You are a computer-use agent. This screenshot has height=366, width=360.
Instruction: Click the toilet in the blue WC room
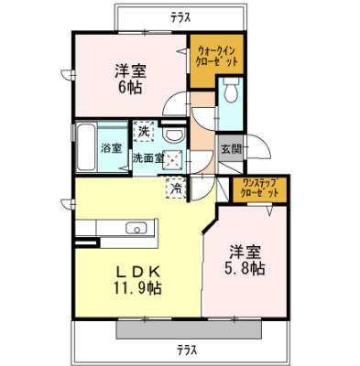coord(231,90)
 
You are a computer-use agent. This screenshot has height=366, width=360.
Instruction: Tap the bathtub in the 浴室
coord(86,147)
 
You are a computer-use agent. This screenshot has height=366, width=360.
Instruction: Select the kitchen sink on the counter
coord(136,228)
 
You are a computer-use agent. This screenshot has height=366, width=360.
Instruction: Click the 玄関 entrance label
coord(231,149)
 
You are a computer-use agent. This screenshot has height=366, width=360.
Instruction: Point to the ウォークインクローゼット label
coord(217,55)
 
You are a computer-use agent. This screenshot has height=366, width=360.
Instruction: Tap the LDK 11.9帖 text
coord(138,280)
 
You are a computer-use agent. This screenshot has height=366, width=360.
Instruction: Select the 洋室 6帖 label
coord(129,79)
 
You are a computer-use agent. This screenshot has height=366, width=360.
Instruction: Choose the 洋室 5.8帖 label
coord(245,260)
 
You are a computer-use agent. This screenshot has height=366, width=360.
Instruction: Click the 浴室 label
coord(112,148)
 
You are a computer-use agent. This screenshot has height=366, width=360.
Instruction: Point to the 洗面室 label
coord(148,158)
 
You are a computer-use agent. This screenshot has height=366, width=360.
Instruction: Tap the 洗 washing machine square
coord(144,132)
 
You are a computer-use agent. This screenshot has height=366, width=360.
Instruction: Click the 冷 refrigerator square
coord(177,188)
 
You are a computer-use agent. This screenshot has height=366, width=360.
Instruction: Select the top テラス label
coord(181,17)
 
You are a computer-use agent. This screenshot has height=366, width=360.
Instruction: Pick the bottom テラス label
coord(188,349)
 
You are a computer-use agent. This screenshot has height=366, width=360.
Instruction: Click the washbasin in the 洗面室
coord(173,135)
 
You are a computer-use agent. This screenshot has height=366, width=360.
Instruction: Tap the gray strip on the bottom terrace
coord(189,329)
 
